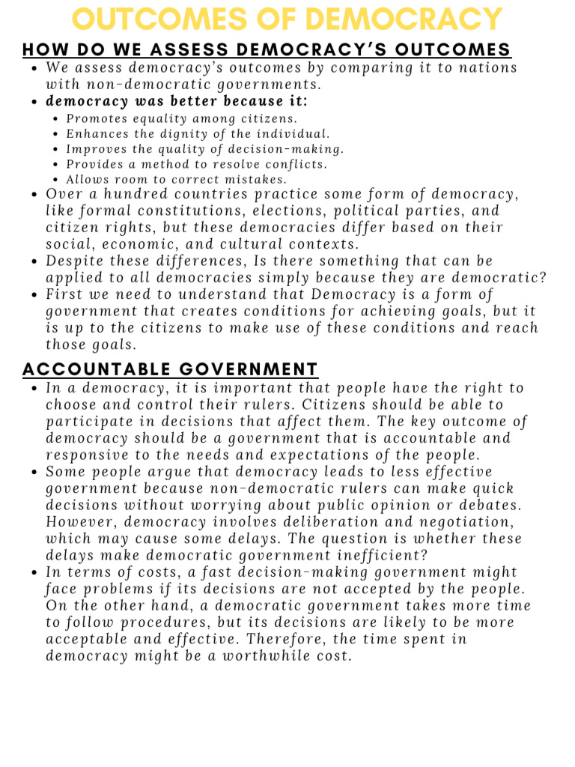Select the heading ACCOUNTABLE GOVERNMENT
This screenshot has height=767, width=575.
(171, 369)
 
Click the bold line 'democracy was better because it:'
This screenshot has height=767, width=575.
(177, 101)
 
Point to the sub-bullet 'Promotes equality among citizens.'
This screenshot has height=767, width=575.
(182, 119)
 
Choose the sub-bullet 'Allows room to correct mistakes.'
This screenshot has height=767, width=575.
(177, 180)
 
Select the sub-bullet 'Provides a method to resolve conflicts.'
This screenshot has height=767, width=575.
(197, 165)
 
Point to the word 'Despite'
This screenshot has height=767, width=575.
(75, 261)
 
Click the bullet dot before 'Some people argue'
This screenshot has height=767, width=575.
(37, 473)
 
